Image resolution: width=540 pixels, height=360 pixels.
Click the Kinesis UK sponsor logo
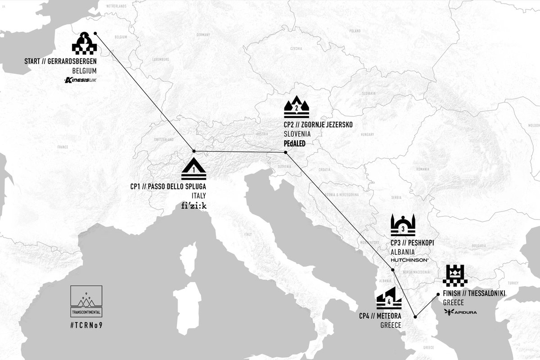pyautogui.click(x=81, y=81)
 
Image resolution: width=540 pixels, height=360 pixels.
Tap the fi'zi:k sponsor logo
pyautogui.click(x=193, y=206)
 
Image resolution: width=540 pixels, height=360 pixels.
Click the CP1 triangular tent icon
pyautogui.click(x=194, y=169)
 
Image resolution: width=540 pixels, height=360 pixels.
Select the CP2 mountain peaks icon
pyautogui.click(x=297, y=107)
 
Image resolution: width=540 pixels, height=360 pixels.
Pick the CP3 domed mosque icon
pyautogui.click(x=404, y=225)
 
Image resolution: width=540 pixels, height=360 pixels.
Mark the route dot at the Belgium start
pyautogui.click(x=95, y=33)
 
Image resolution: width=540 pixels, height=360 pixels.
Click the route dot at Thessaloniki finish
pyautogui.click(x=438, y=294)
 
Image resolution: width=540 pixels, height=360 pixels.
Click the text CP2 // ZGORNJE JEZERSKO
pyautogui.click(x=317, y=125)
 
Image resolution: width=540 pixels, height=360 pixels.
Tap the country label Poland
pyautogui.click(x=355, y=31)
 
